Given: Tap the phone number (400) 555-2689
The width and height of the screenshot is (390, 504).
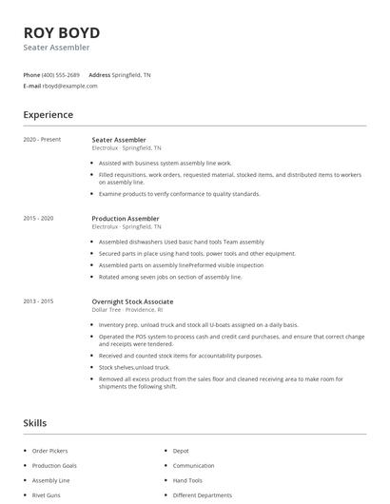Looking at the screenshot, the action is click(62, 74).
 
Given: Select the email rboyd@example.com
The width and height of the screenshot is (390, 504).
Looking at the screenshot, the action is click(69, 86).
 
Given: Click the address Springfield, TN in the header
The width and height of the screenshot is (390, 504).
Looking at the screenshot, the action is click(131, 74).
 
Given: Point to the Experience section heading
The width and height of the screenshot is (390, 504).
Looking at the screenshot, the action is click(49, 115).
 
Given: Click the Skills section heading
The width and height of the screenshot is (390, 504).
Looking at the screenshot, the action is click(34, 421).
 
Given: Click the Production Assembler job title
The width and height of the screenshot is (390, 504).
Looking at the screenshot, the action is click(126, 219).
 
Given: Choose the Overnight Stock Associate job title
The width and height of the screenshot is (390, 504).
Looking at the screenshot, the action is click(132, 300).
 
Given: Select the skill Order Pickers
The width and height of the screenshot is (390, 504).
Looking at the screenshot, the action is click(50, 451).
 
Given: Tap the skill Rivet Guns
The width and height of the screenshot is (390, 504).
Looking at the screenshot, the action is click(46, 494).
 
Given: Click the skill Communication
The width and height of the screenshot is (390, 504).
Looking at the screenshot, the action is click(193, 466).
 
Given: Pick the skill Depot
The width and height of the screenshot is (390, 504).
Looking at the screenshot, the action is click(181, 451).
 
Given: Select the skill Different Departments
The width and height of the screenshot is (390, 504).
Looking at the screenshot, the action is click(202, 494).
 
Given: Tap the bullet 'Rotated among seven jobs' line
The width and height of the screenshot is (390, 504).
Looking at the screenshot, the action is click(170, 277).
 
